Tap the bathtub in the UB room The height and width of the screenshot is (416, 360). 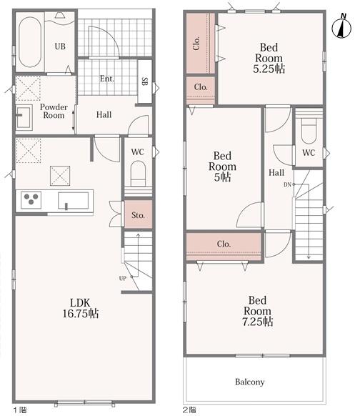click(30, 42)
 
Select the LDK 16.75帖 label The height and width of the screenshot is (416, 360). click(81, 308)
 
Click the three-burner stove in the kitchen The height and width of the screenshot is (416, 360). click(31, 200)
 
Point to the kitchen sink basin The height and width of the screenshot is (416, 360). click(74, 201)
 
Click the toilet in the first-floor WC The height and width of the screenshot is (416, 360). click(138, 174)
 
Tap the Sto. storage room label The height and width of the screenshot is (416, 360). click(138, 215)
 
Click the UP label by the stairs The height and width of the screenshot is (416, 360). click(122, 278)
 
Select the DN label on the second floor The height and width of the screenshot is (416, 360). click(287, 184)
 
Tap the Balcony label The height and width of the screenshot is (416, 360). click(250, 382)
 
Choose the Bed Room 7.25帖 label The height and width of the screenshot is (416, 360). click(257, 311)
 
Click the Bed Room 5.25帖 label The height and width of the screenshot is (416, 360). click(269, 58)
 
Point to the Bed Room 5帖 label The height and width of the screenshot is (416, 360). click(222, 167)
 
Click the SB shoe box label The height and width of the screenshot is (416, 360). click(145, 81)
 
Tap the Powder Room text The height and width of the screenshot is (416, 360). click(54, 112)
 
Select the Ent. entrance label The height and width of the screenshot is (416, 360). click(107, 79)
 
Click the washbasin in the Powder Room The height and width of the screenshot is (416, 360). click(24, 117)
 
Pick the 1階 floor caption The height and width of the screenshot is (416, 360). click(20, 410)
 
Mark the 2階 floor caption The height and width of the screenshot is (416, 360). click(189, 410)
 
